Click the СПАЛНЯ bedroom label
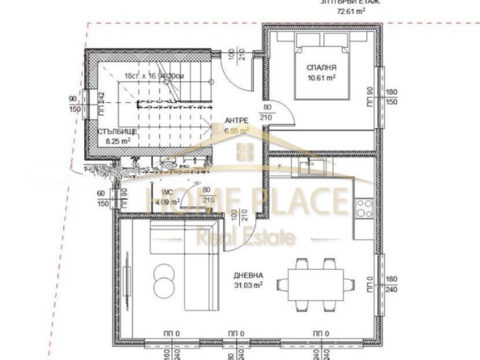tap(316, 67)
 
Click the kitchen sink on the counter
tap(313, 168)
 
